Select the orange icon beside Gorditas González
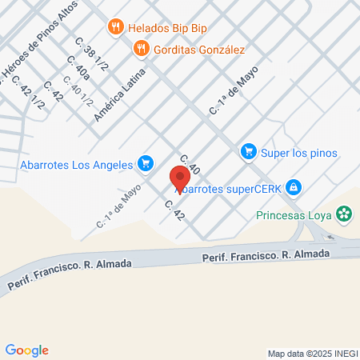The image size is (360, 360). coord(142,48)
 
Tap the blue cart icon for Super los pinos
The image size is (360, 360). coord(248,151)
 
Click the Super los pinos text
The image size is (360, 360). coord(301,152)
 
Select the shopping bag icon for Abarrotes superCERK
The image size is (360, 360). coord(294,187)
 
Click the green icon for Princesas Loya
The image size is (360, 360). coord(344,214)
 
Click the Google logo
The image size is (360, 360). coord(27,350)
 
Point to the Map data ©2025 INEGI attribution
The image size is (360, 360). coord(312,353)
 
